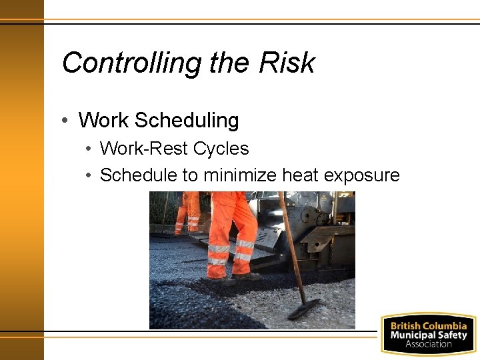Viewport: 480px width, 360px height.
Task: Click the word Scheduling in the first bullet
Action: point(186,121)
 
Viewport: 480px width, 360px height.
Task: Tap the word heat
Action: point(300,175)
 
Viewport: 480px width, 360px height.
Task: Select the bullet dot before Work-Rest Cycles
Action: point(89,149)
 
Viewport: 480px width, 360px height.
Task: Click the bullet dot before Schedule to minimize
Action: point(89,175)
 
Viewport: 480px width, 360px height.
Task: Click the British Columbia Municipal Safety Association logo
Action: point(428,334)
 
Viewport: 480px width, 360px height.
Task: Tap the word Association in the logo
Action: point(428,344)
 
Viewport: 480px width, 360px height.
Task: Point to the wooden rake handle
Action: point(291,247)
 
